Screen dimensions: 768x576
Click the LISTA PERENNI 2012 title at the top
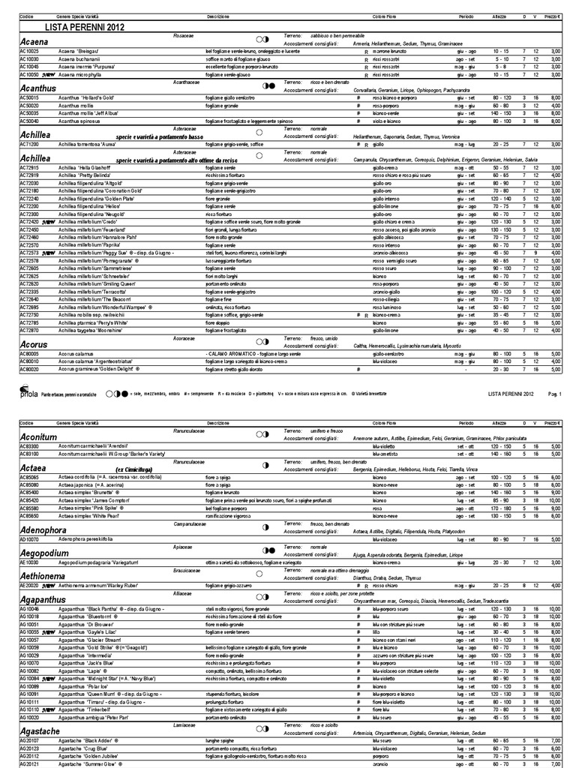point(85,27)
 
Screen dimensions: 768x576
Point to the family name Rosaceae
point(183,35)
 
